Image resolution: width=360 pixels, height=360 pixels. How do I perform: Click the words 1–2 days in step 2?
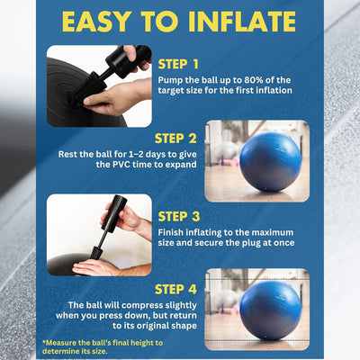(126, 154)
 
